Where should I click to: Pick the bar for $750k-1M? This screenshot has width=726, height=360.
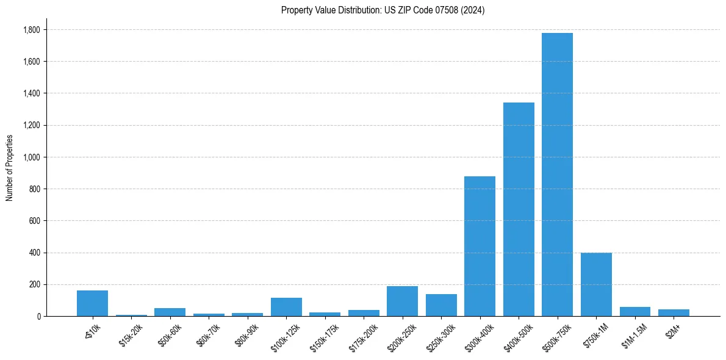[596, 284]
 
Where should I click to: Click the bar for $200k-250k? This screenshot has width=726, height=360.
[402, 301]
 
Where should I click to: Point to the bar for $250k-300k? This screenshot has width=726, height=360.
[441, 305]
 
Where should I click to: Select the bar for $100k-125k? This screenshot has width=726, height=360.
[286, 307]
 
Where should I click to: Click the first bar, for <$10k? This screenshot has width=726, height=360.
[92, 303]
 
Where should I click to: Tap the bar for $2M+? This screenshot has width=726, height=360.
[674, 313]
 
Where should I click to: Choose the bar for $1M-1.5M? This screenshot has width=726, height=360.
[635, 312]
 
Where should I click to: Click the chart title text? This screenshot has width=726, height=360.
[383, 10]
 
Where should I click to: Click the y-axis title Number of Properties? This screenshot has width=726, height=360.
[10, 167]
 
